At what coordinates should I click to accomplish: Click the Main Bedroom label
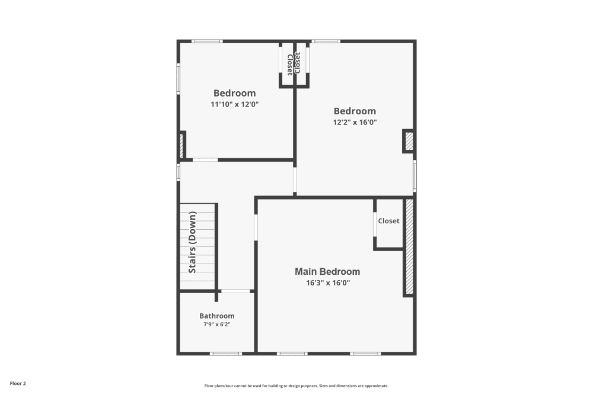point(327,272)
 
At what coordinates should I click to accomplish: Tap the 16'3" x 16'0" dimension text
point(327,283)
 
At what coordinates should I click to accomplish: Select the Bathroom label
point(216,316)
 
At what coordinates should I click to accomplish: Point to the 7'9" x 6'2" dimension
point(216,325)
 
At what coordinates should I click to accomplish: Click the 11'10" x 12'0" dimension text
point(235,104)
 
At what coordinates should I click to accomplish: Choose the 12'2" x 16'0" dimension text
point(355,122)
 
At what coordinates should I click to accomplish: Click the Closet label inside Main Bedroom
point(388,221)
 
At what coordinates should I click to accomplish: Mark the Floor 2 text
point(17,384)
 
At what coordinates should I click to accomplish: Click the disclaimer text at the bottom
point(296,386)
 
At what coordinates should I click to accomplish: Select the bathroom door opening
point(235,291)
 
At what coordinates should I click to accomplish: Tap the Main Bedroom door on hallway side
point(256,227)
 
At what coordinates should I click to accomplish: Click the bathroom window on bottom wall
point(226,354)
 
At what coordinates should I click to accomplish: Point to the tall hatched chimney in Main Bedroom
point(409,247)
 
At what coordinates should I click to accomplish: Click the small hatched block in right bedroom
point(409,141)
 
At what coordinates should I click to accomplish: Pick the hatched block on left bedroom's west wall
point(181,146)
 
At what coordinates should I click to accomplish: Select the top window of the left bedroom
point(207,41)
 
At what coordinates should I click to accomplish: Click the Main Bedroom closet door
point(375,224)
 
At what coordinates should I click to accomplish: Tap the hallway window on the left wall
point(178,172)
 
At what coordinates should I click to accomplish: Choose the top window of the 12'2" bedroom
point(326,41)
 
